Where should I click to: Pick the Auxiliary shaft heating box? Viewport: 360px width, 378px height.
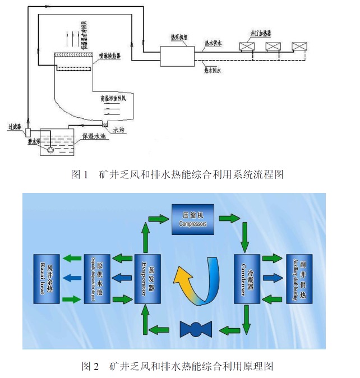coord(298,279)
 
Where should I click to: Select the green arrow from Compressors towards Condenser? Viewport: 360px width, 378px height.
coord(229,217)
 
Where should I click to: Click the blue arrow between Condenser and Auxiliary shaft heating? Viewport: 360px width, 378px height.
coord(272,278)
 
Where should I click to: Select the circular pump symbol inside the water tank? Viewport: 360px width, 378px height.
coord(52,150)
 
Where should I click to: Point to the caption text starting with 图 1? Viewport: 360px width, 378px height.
coord(177,174)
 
